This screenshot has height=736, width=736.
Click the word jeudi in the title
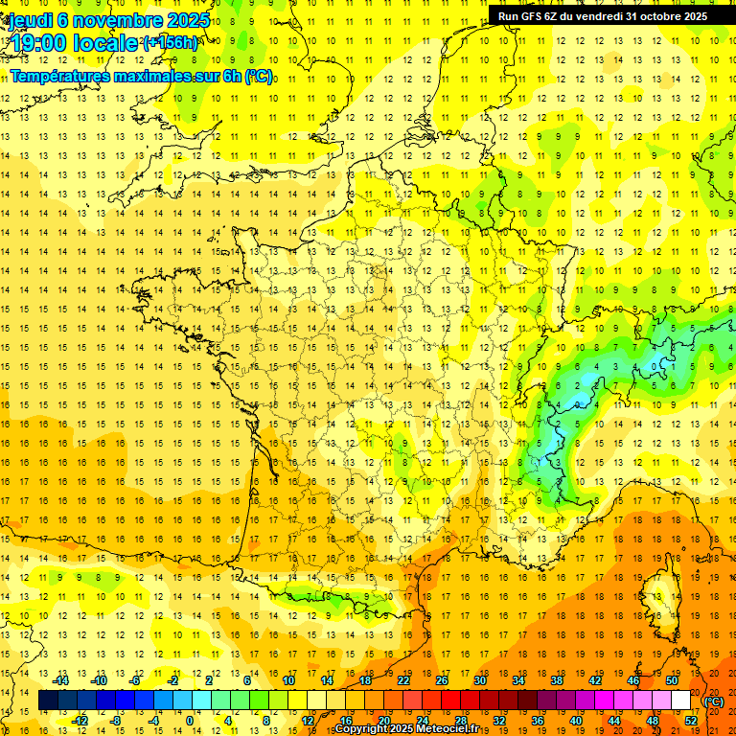click(x=30, y=20)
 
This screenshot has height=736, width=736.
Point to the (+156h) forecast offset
click(x=171, y=43)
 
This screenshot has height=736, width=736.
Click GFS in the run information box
click(x=540, y=16)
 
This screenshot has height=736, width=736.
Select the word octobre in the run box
click(x=648, y=16)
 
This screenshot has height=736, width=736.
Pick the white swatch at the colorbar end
click(x=681, y=701)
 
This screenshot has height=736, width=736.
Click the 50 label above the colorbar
click(x=672, y=680)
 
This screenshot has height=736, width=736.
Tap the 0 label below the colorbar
click(x=189, y=721)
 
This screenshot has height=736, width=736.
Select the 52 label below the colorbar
click(x=691, y=721)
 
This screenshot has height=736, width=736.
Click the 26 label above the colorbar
click(x=442, y=680)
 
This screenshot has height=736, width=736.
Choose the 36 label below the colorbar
click(x=538, y=721)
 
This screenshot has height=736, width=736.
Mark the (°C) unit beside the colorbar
click(x=713, y=701)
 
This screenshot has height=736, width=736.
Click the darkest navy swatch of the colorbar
click(x=49, y=701)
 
